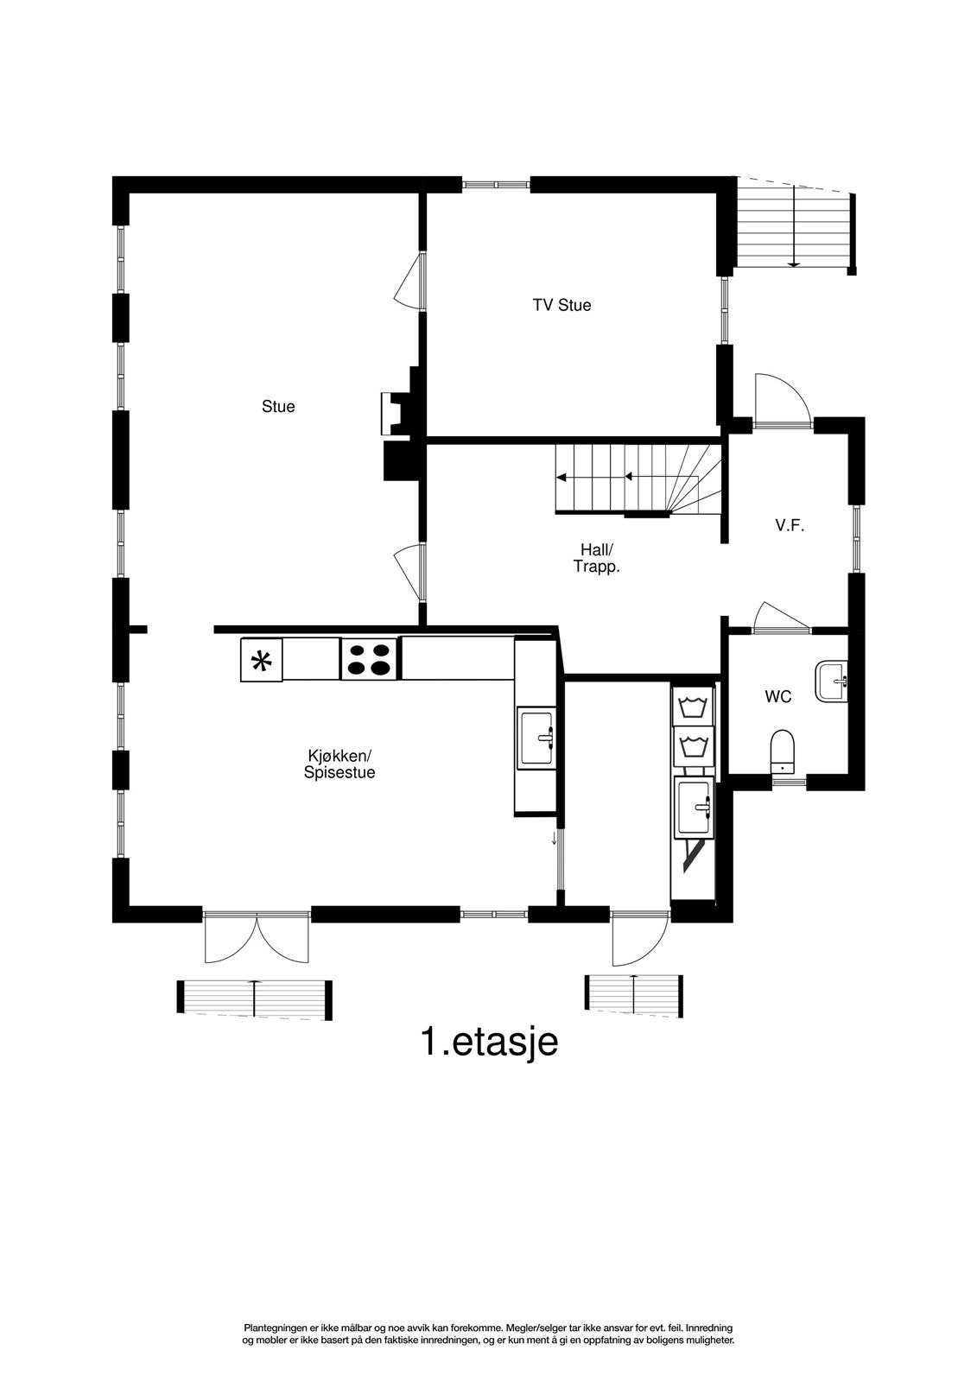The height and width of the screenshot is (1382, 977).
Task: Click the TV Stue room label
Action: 561,305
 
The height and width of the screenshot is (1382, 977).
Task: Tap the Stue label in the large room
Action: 278,406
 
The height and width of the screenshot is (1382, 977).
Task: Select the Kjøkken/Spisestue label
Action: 339,764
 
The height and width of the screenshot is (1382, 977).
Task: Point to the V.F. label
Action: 790,524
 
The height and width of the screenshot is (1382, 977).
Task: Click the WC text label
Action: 777,696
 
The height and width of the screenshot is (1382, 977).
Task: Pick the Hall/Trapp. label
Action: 597,558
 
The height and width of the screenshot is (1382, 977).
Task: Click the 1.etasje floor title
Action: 489,1042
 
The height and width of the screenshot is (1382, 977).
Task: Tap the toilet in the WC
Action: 782,750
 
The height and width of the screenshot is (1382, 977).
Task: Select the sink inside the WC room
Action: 831,681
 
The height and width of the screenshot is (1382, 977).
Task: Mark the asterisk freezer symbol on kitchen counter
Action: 261,661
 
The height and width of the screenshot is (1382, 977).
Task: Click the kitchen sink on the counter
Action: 538,737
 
